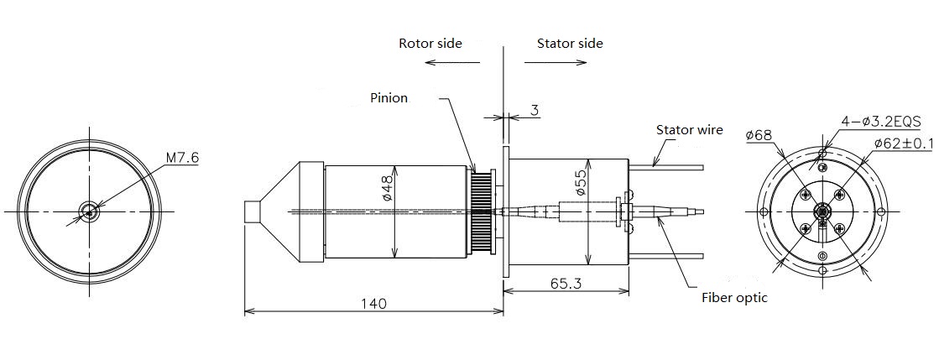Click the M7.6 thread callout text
point(182,158)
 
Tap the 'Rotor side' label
point(430,43)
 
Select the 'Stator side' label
point(570,43)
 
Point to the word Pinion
point(389,97)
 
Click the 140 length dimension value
point(373,303)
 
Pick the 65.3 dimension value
point(566,284)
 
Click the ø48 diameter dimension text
point(386,187)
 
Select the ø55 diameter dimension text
point(580,181)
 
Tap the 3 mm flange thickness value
point(535,110)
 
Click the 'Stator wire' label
point(689,130)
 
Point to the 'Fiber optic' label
point(734,298)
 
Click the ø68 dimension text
point(759,136)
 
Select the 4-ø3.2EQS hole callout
point(880,122)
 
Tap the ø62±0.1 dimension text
point(903,143)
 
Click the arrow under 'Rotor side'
point(452,62)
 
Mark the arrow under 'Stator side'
point(556,62)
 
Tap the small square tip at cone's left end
point(252,212)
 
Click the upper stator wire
point(666,168)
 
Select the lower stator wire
point(666,256)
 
